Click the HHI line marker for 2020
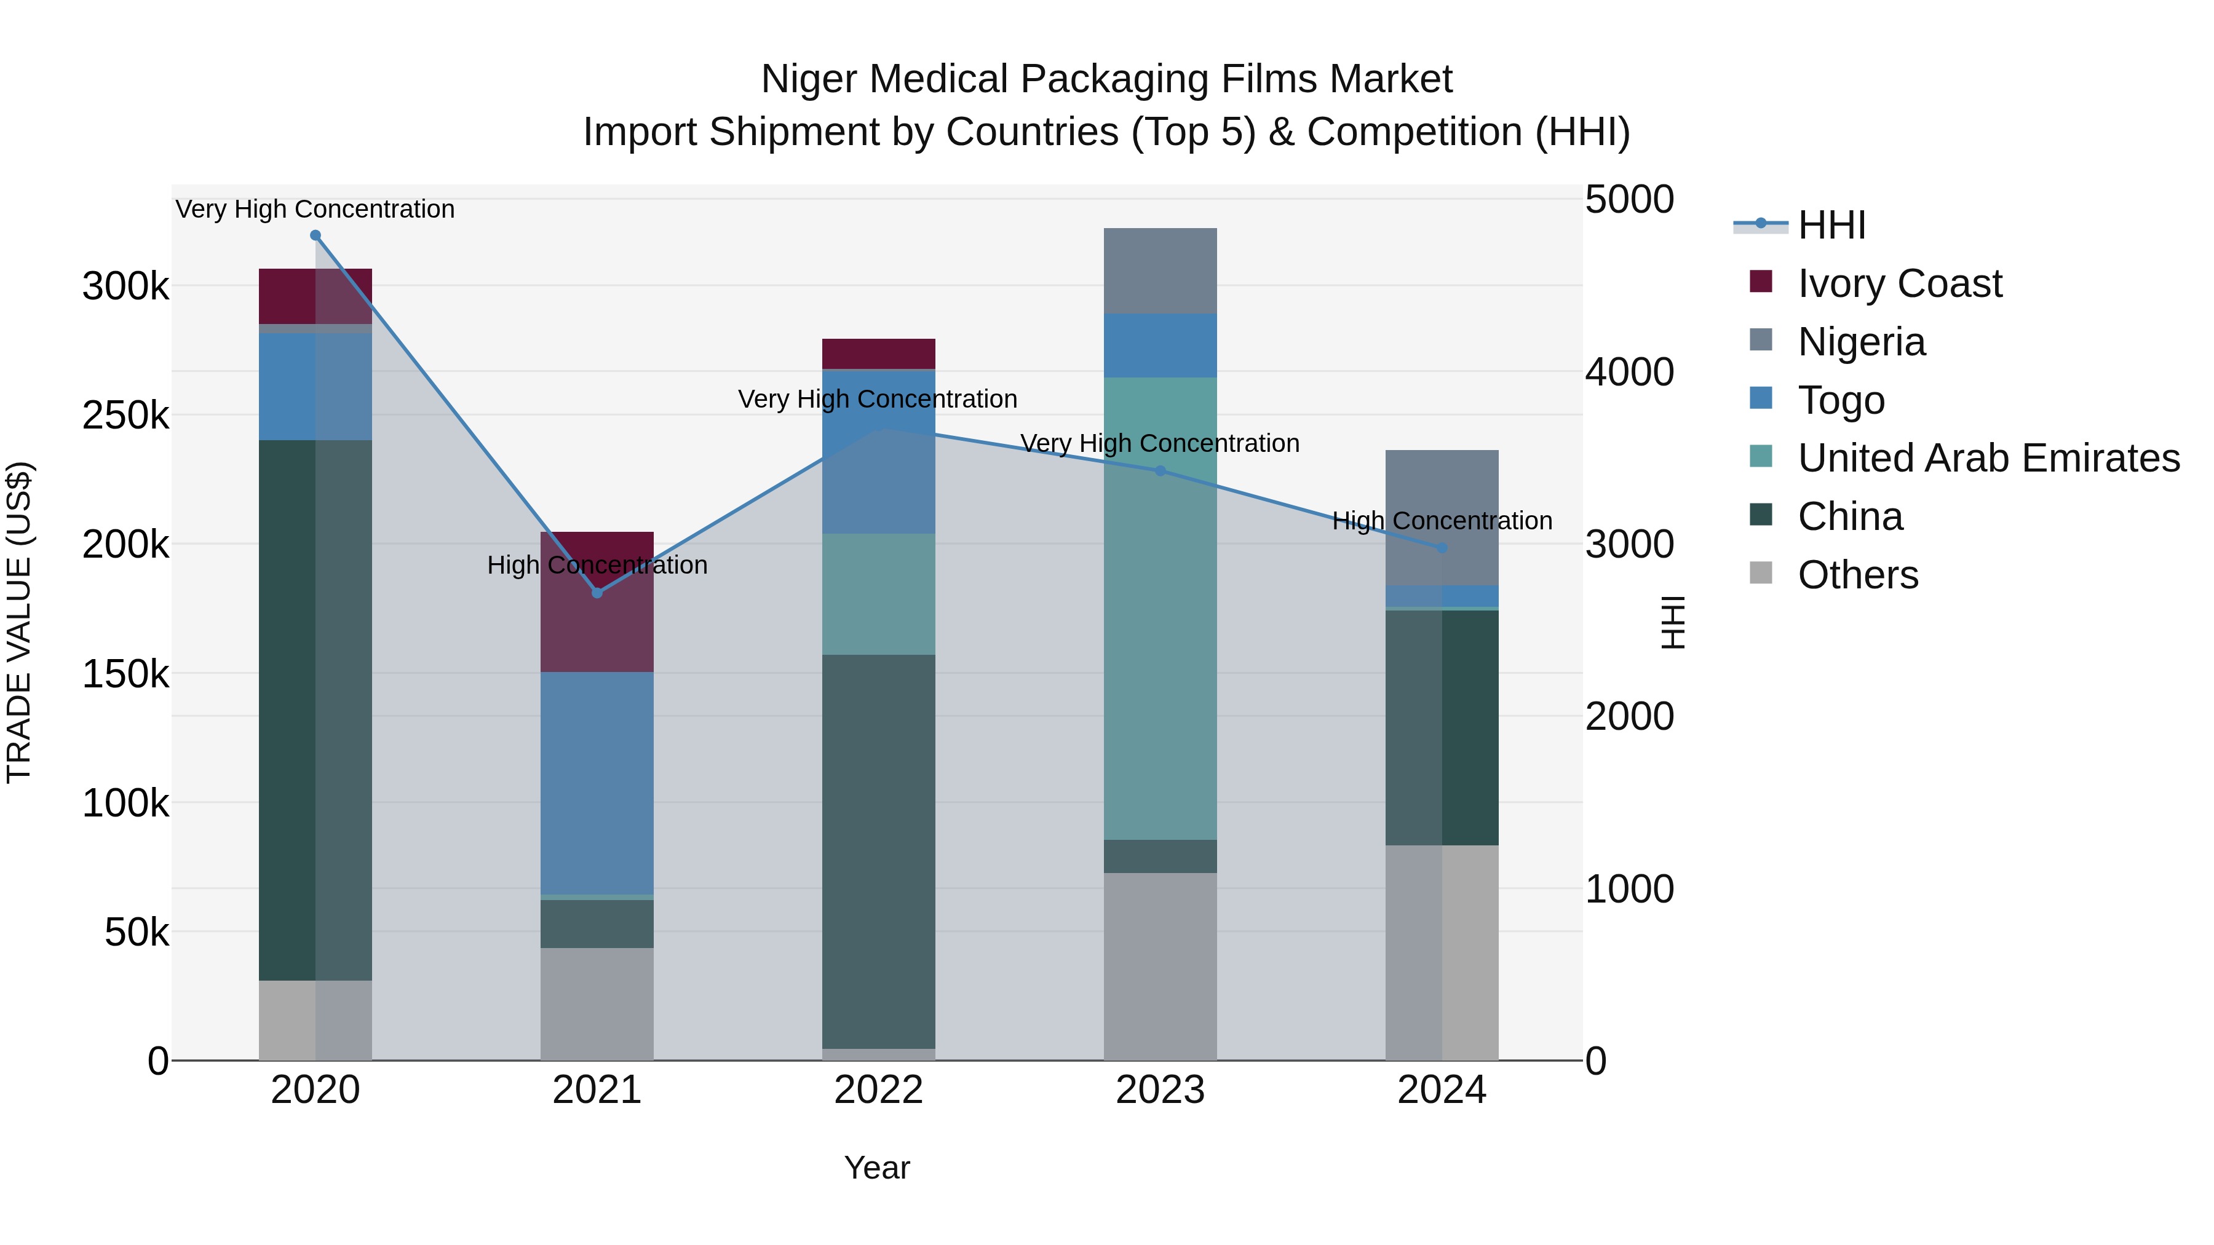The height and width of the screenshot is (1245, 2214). coord(315,235)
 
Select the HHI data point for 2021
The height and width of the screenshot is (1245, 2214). coord(597,593)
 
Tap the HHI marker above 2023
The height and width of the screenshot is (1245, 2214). coord(1161,471)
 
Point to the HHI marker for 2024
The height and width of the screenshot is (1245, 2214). coord(1442,548)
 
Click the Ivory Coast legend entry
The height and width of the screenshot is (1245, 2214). coord(1900,283)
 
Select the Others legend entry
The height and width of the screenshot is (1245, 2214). coord(1857,575)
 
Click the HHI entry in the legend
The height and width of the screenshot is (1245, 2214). coord(1831,225)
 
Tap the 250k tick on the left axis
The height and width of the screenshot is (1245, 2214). coord(125,416)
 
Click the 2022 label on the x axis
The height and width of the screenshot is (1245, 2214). coord(878,1090)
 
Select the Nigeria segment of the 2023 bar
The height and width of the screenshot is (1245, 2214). coord(1161,271)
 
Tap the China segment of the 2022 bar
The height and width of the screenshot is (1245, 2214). coord(878,851)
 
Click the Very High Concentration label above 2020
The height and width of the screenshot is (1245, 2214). coord(315,209)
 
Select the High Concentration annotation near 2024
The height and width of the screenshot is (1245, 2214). coord(1442,521)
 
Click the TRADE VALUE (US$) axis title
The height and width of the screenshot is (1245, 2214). coord(19,622)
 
